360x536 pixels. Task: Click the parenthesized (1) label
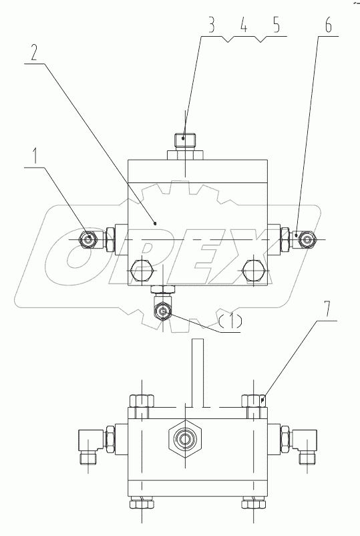point(229,320)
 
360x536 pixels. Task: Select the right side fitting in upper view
point(305,238)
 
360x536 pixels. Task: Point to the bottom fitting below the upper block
point(162,309)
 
